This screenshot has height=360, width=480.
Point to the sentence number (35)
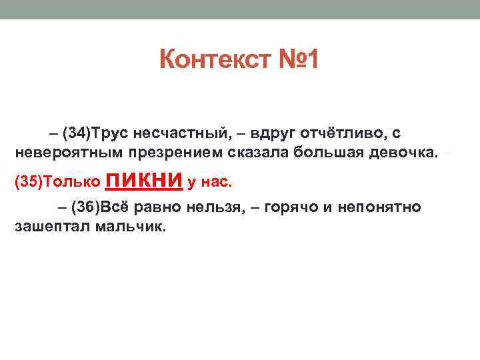(28, 182)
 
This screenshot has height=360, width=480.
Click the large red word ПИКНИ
(145, 179)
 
